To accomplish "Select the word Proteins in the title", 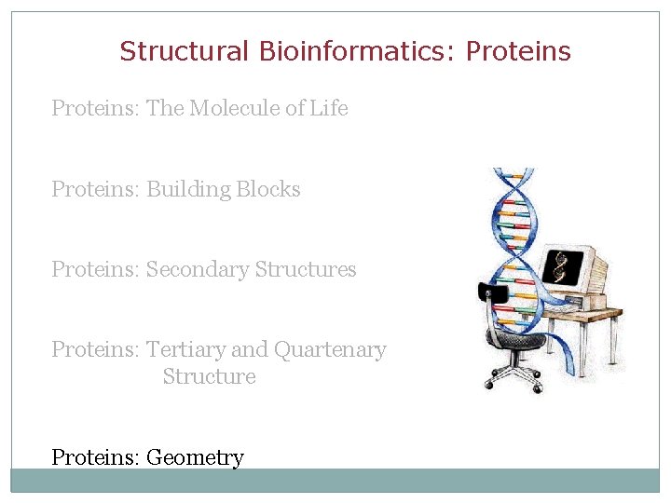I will pos(518,51).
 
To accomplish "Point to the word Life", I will pos(329,109).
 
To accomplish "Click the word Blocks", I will pos(268,190).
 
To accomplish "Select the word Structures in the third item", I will pos(306,270).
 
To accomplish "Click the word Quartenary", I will pos(330,350).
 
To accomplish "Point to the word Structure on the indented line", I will pos(209,377).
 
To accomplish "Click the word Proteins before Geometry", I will pos(95,457).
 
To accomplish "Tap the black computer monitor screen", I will pos(562,267).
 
